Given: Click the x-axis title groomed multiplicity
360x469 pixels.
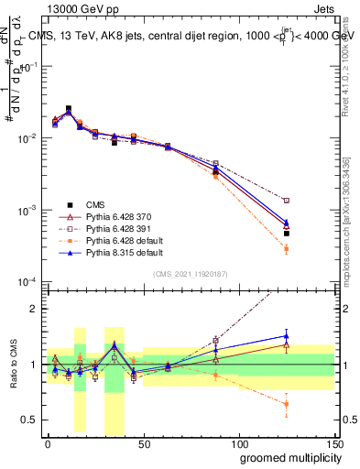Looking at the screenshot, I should [x=287, y=456].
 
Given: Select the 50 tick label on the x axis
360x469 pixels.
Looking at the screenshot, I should [x=143, y=443].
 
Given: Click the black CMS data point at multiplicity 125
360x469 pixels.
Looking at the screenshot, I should [x=287, y=234].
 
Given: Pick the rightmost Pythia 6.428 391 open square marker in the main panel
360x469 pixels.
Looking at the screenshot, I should [x=287, y=200].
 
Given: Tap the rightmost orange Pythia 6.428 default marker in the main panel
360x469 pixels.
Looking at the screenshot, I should [x=287, y=248].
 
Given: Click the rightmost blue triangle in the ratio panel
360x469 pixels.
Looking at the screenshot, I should [x=287, y=335].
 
